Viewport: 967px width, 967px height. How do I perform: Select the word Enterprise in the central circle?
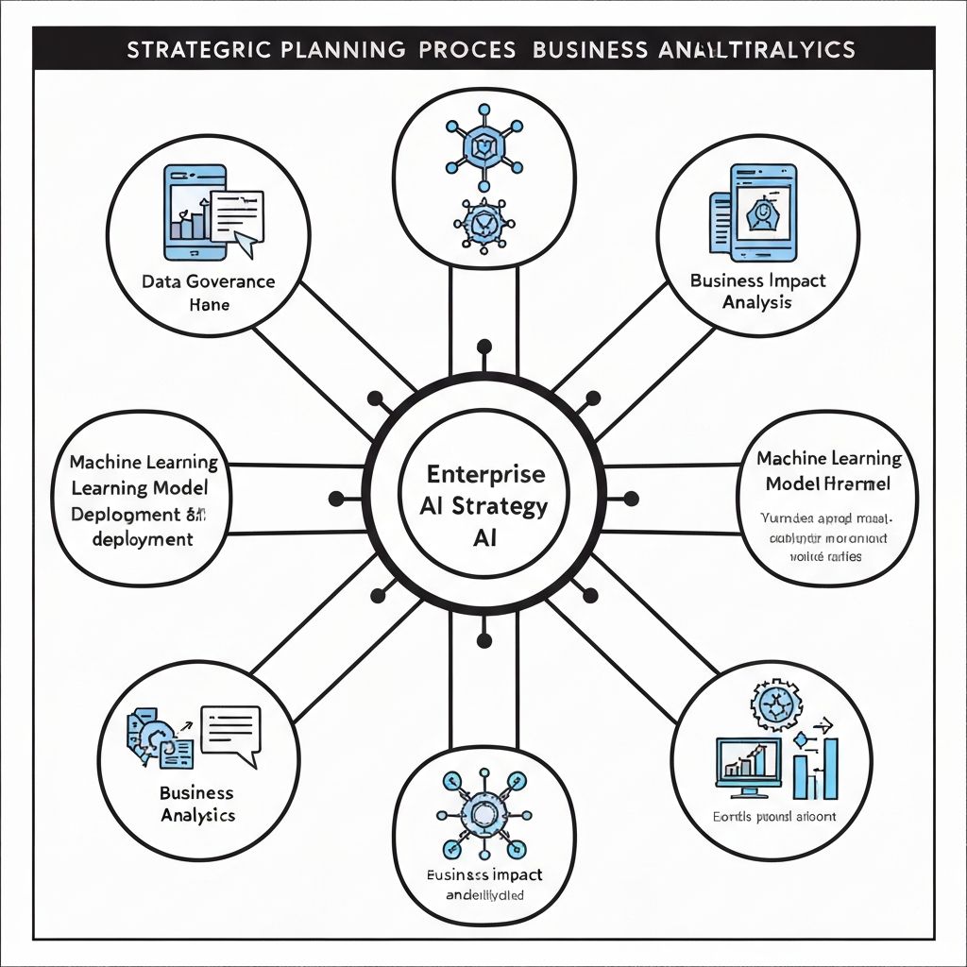[x=484, y=473]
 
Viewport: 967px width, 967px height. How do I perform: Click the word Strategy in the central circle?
[x=500, y=506]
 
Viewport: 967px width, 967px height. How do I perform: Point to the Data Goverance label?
[x=208, y=281]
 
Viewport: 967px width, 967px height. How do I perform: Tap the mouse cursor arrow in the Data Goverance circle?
[x=244, y=244]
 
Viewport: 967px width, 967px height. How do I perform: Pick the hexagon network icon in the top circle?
[x=483, y=146]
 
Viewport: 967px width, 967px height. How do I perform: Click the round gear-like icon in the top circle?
[x=483, y=224]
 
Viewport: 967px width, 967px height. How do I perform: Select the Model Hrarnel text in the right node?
[x=829, y=484]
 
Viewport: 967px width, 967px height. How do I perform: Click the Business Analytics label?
[x=196, y=804]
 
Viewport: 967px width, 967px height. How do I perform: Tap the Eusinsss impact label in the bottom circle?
[x=483, y=874]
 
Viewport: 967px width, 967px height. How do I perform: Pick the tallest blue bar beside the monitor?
[x=830, y=769]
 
